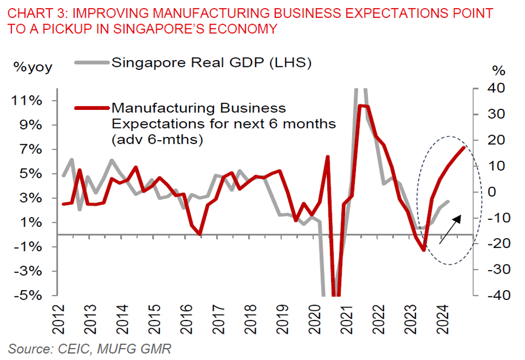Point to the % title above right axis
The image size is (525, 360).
(x=498, y=69)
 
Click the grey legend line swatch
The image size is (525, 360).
(x=92, y=63)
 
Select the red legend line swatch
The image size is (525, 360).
(x=92, y=108)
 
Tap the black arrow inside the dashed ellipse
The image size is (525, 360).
(x=450, y=229)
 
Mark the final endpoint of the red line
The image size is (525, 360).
(x=464, y=147)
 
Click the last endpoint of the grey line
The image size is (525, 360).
(x=448, y=201)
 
